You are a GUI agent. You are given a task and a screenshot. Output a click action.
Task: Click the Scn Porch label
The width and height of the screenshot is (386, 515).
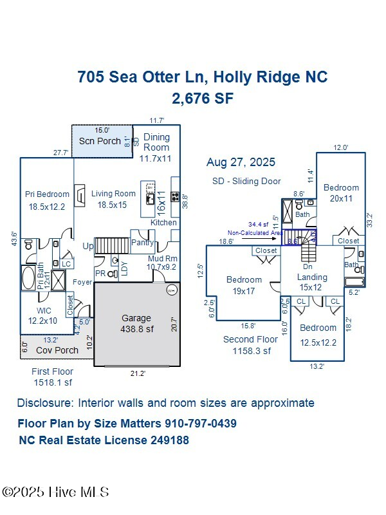click(100, 141)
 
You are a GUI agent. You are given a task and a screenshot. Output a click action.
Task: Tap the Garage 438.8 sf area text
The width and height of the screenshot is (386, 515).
click(136, 323)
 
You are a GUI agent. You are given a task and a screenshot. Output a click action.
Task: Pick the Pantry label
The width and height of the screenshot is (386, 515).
click(142, 243)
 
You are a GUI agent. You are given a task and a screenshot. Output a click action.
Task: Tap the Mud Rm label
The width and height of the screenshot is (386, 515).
click(161, 258)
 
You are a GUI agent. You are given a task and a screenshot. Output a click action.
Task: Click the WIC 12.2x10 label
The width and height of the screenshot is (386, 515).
click(42, 315)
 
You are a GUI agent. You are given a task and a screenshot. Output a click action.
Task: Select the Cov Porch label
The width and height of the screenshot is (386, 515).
click(57, 350)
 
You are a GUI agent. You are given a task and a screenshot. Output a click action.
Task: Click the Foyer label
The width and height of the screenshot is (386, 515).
click(82, 282)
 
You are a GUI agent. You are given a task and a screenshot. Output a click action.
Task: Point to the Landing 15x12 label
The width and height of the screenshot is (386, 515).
click(312, 282)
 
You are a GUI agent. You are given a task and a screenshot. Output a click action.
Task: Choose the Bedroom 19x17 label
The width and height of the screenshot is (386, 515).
click(244, 285)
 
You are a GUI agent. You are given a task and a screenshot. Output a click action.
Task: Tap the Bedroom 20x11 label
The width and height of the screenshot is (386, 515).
click(341, 193)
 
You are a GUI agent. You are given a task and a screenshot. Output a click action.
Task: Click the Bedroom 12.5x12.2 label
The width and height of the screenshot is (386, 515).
click(318, 335)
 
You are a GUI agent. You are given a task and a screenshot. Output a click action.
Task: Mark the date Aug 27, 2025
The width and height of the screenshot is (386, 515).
click(241, 162)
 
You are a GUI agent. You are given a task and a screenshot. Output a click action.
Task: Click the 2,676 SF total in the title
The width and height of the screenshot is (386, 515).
click(202, 98)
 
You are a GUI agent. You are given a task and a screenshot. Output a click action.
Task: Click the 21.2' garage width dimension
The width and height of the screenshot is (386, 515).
click(137, 373)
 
